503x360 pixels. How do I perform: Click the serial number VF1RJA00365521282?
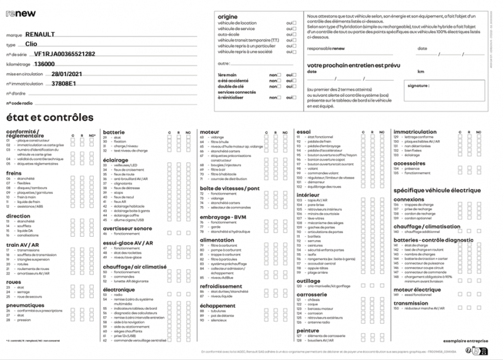[x=64, y=54]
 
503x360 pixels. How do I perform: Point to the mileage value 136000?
[x=44, y=64]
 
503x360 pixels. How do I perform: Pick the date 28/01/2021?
[x=67, y=74]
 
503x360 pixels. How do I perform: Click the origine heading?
[x=228, y=16]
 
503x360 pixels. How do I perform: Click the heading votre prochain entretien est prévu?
[x=353, y=65]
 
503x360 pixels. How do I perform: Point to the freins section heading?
[x=14, y=173]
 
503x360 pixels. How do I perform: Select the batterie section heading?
[x=114, y=133]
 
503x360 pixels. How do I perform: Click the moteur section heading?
[x=209, y=133]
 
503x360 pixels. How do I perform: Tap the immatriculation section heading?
[x=415, y=133]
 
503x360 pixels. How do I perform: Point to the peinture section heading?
[x=307, y=330]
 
